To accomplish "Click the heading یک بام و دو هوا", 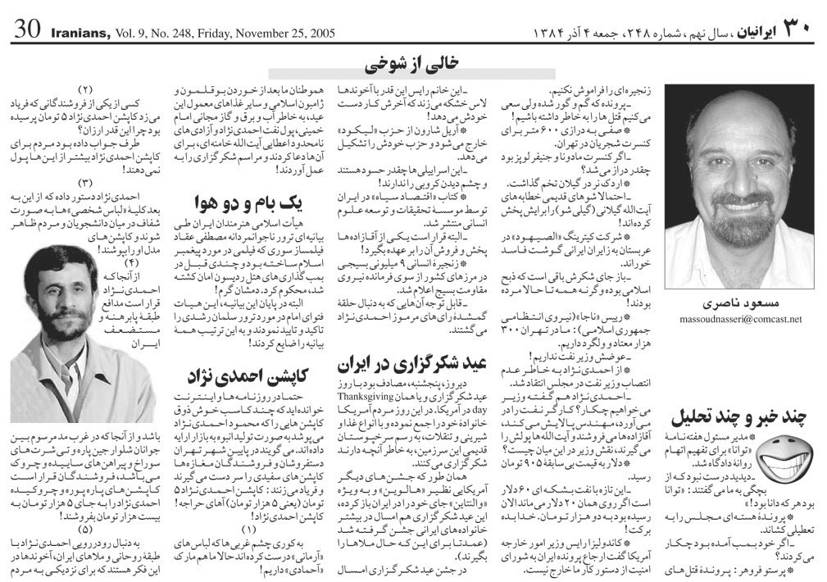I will click(234, 202).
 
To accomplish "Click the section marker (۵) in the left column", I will click(85, 528).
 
